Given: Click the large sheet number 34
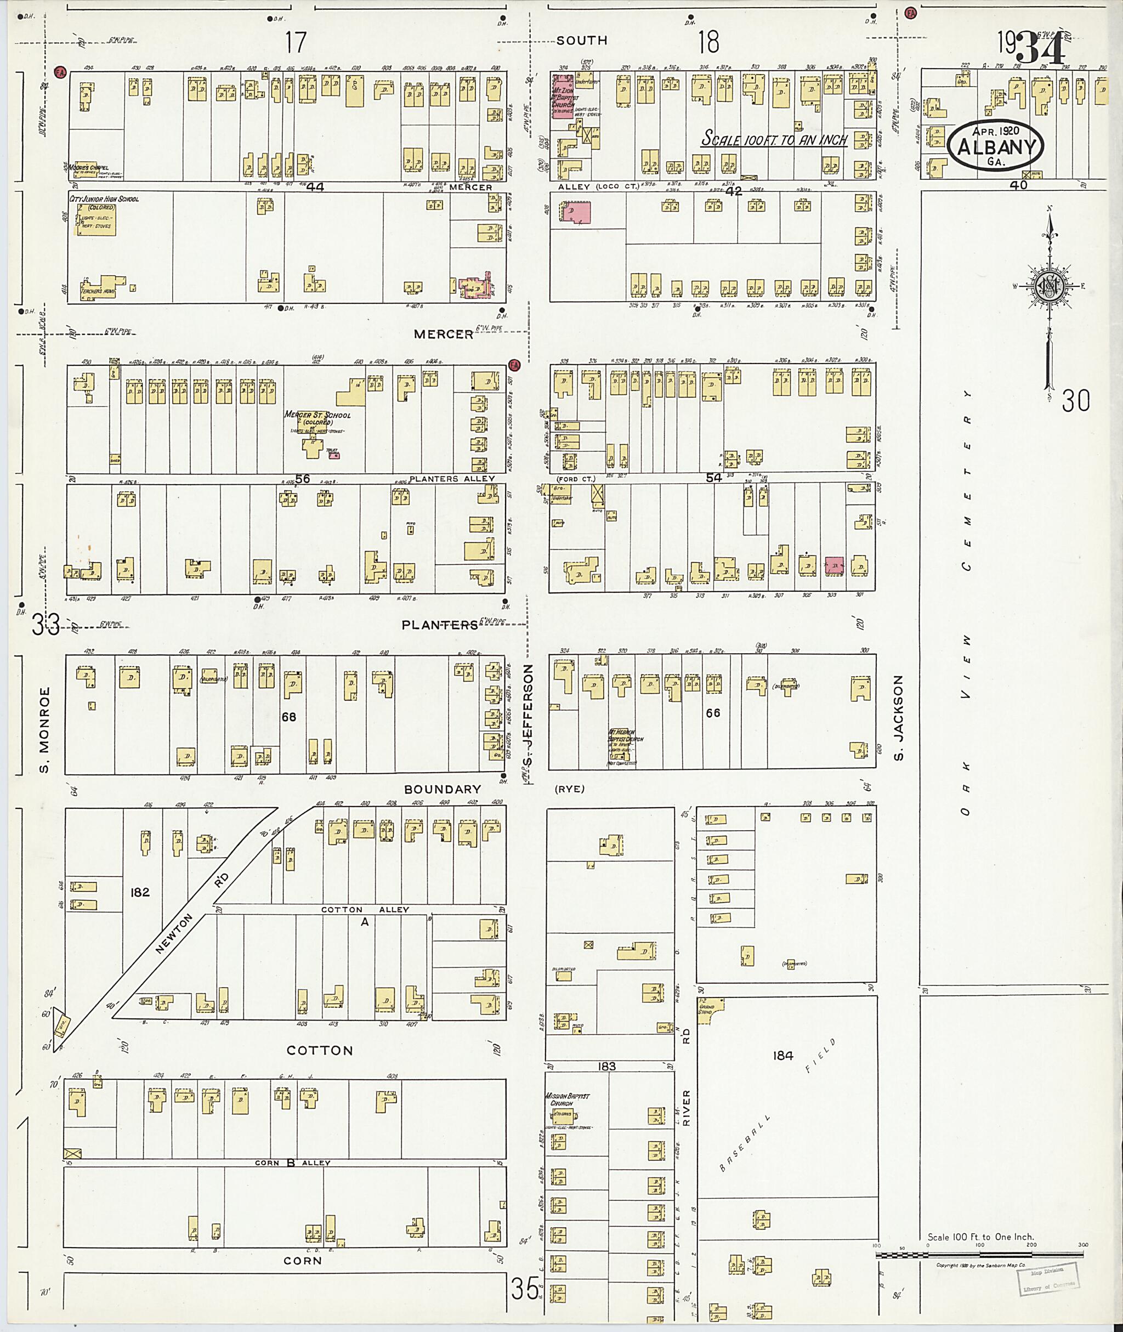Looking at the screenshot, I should pyautogui.click(x=1040, y=48).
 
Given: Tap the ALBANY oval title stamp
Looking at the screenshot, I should pyautogui.click(x=996, y=146).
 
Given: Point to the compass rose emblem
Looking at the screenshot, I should pyautogui.click(x=1047, y=286).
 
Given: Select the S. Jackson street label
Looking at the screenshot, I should pyautogui.click(x=899, y=718).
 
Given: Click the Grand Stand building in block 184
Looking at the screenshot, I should pyautogui.click(x=708, y=1010).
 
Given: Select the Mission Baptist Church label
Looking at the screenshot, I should pyautogui.click(x=568, y=1099).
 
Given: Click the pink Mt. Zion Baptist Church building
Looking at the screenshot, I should pyautogui.click(x=561, y=95).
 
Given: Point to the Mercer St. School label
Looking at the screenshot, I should pyautogui.click(x=317, y=417).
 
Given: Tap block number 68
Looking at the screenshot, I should pyautogui.click(x=289, y=717).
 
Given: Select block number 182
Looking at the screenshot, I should pyautogui.click(x=139, y=892).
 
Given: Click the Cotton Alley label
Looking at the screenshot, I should pyautogui.click(x=365, y=909).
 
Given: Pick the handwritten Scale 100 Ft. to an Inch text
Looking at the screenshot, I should pyautogui.click(x=774, y=140).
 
